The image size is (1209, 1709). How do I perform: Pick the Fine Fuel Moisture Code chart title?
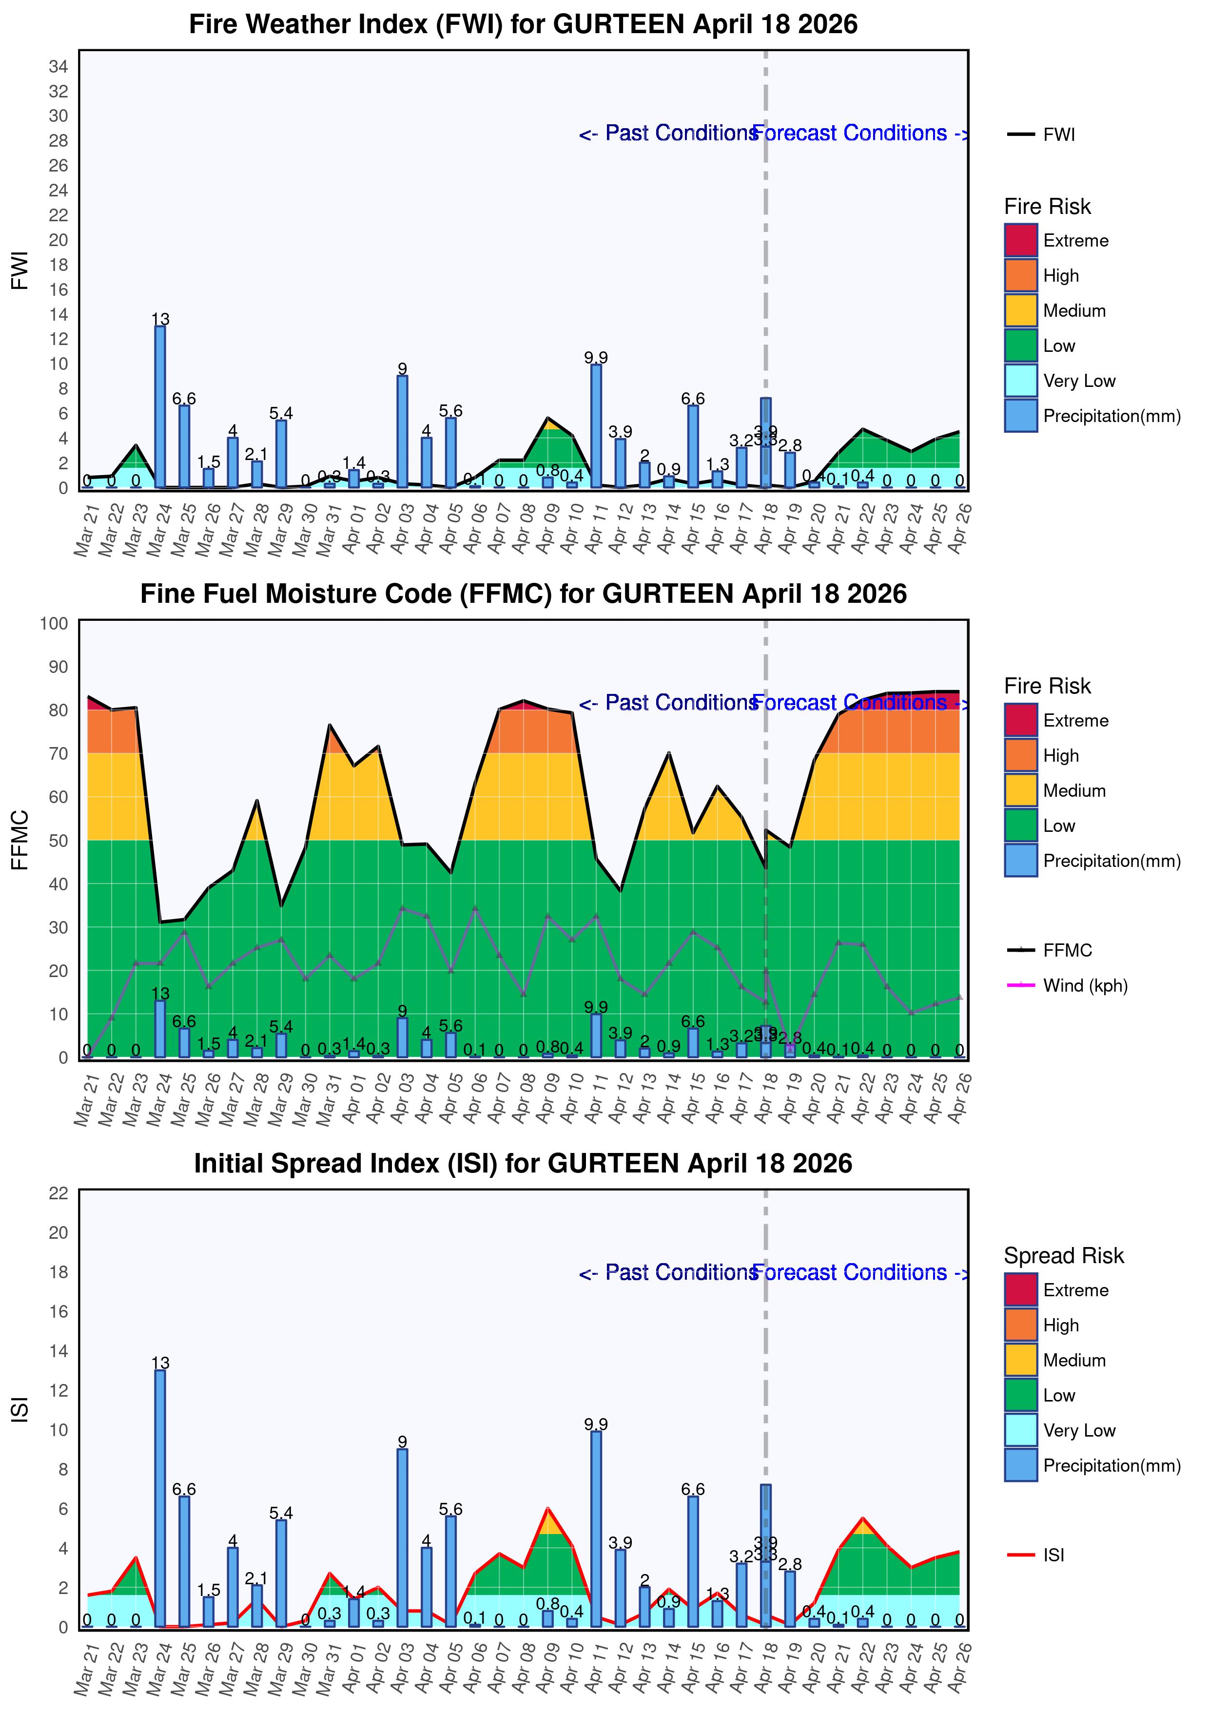[x=524, y=594]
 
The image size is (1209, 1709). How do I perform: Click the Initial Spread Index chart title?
[x=524, y=1163]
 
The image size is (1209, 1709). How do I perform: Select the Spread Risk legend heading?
[x=1063, y=1256]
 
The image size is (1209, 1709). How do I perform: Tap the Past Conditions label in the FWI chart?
[x=668, y=133]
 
